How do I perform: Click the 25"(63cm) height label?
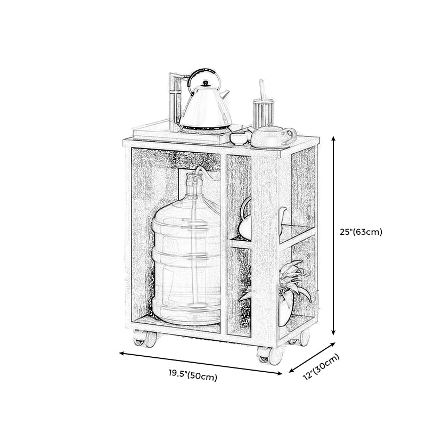(361, 232)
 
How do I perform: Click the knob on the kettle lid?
(206, 83)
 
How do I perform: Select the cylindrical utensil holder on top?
(263, 113)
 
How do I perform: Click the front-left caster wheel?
(145, 338)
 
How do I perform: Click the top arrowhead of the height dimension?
(334, 138)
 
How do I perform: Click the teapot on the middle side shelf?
(246, 219)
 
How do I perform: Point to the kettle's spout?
(225, 94)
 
